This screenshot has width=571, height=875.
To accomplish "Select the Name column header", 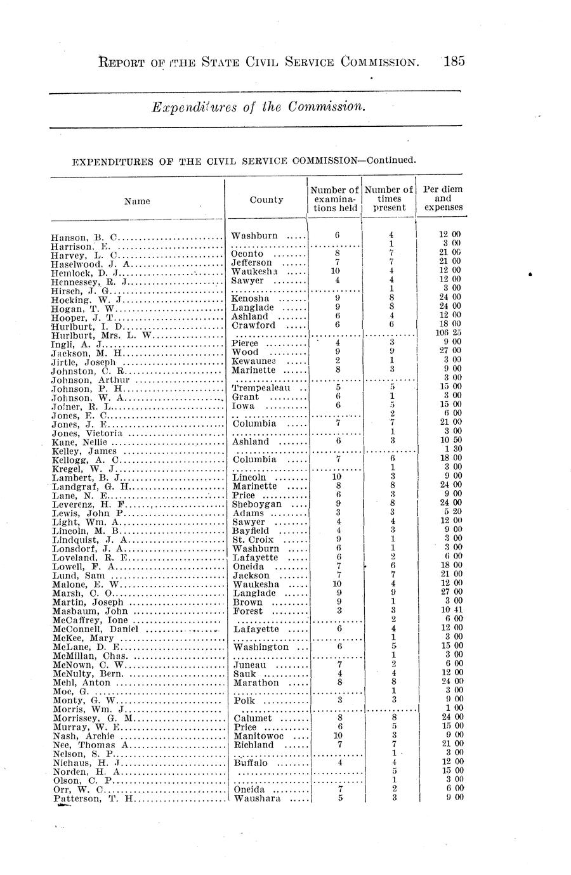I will pos(137,201).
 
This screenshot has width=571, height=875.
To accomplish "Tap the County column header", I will pos(266,200).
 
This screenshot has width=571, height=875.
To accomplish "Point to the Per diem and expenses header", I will pos(442,198).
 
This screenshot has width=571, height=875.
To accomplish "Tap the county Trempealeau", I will pos(261,388).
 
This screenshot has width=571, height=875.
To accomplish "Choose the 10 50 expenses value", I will pos(450,440).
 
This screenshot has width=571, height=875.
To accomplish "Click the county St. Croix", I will pos(253,540).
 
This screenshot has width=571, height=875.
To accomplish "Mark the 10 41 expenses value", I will pos(450,610).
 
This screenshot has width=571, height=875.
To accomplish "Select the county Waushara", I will pos(257,798).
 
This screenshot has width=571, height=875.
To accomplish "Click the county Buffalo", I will pos(252,763).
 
